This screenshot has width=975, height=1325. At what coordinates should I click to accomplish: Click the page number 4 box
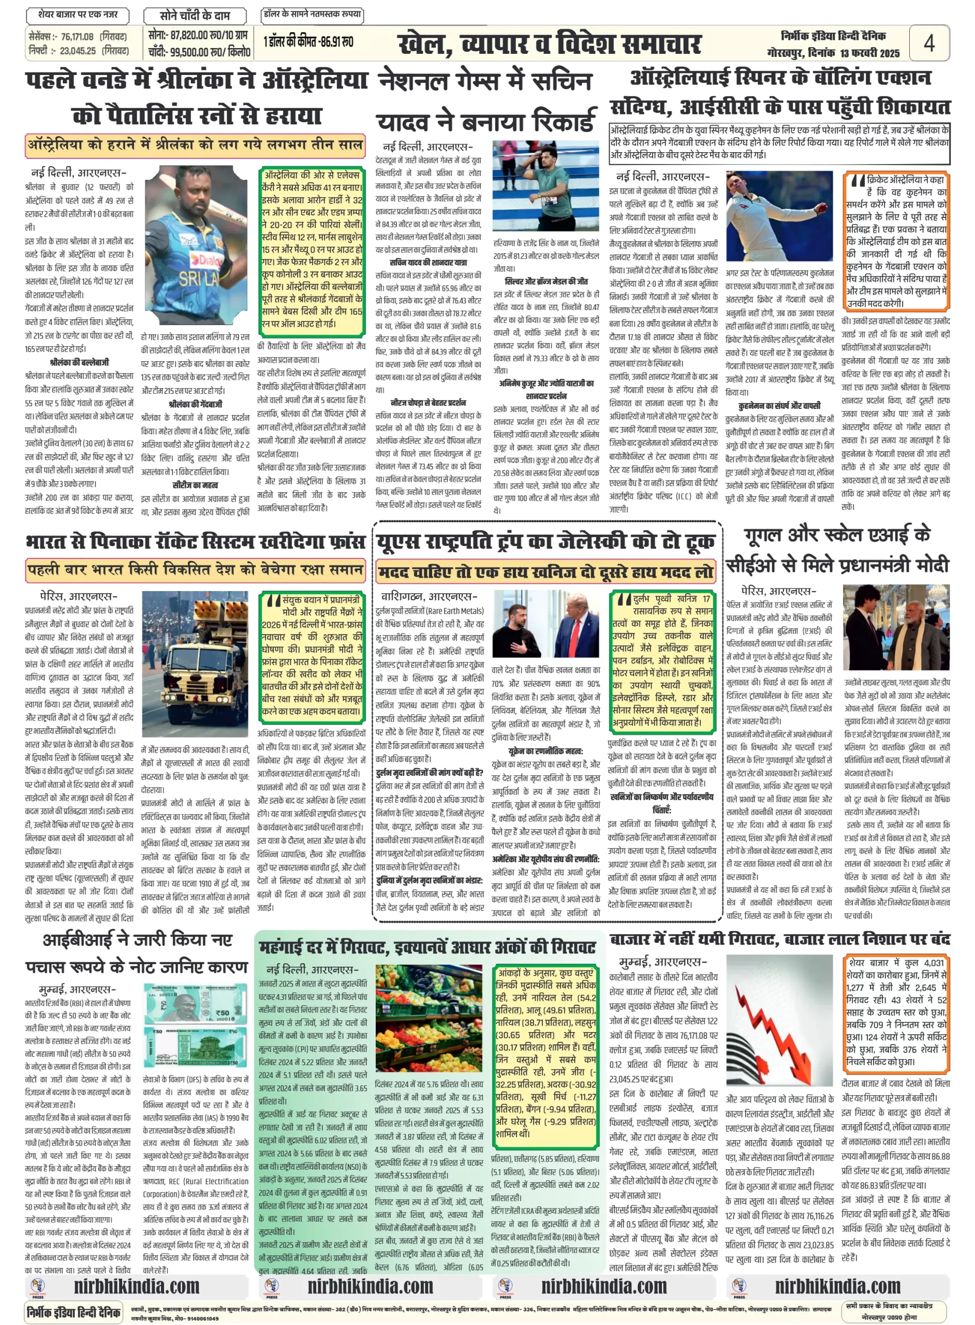coord(929,43)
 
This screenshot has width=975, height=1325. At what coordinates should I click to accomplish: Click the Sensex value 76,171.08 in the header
coord(77,37)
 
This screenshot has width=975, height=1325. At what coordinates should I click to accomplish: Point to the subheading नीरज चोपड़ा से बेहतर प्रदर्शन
coord(428,403)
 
